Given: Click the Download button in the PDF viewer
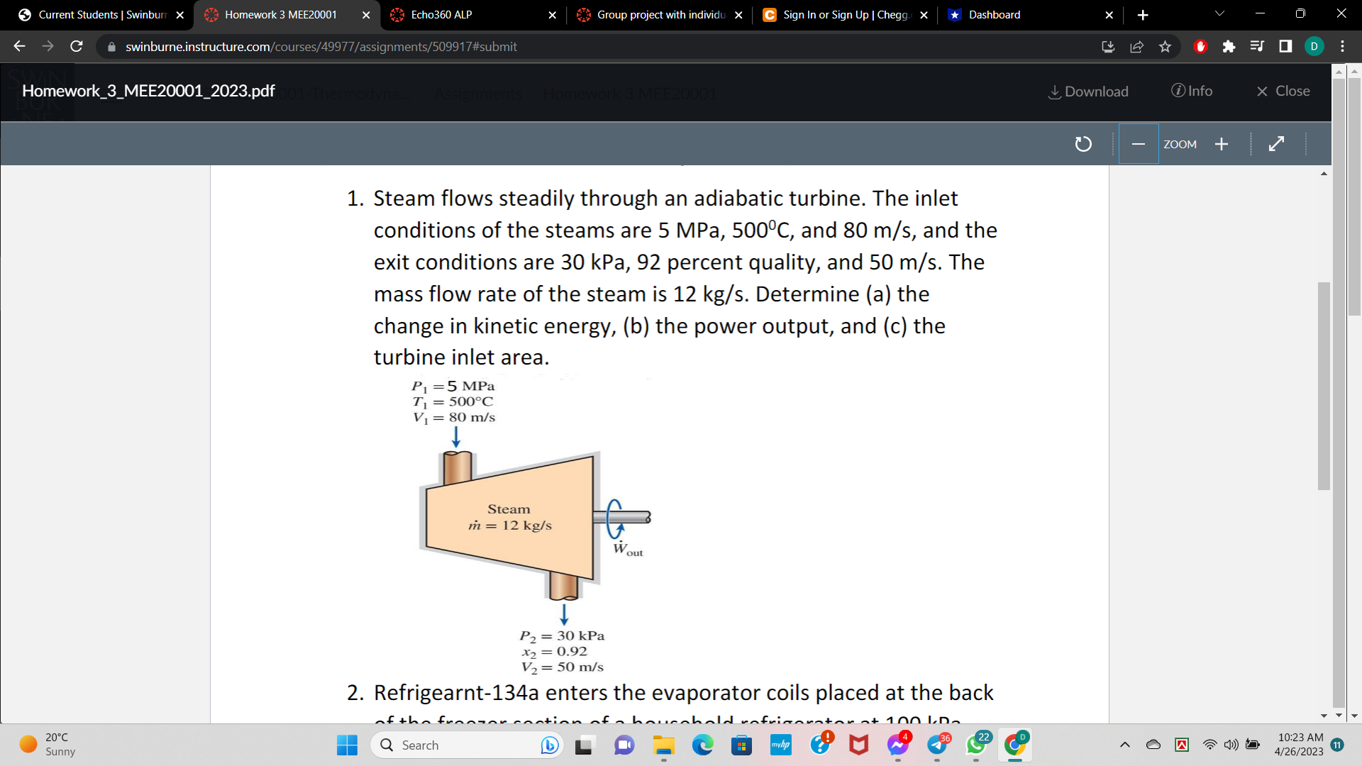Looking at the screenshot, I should pos(1088,91).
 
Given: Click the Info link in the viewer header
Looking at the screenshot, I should pos(1192,91).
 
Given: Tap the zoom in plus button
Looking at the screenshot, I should pos(1221,144).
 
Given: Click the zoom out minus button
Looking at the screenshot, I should pos(1139,144).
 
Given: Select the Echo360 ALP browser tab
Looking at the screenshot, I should pos(441,14).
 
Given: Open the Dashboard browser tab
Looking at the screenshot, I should pos(994,14).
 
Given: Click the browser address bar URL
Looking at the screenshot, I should pos(321,47).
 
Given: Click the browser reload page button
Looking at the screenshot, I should pos(77,47).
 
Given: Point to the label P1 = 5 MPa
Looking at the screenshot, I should pos(453,387).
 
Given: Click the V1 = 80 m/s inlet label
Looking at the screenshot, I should pos(454,418).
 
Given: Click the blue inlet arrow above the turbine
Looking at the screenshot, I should pos(456,437).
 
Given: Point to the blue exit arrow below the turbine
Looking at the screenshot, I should pos(564,614).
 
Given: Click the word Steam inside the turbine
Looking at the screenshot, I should pos(509,509).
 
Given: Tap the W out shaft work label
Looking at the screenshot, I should pos(627,550).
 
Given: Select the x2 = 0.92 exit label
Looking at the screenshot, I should pos(555,652).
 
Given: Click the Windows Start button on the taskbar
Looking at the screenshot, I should pos(347,745).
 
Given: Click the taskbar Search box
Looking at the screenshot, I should pos(454,745).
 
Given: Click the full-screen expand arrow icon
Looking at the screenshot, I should pos(1275,144).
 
